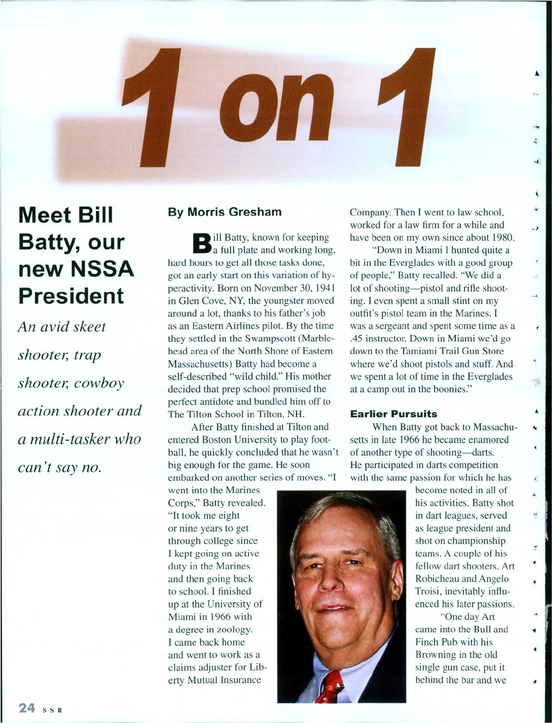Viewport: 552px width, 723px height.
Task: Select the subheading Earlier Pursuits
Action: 393,413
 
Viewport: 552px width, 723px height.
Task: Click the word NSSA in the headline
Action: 103,269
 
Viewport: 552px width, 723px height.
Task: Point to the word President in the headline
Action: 71,296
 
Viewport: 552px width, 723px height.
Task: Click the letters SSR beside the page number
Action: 52,710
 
